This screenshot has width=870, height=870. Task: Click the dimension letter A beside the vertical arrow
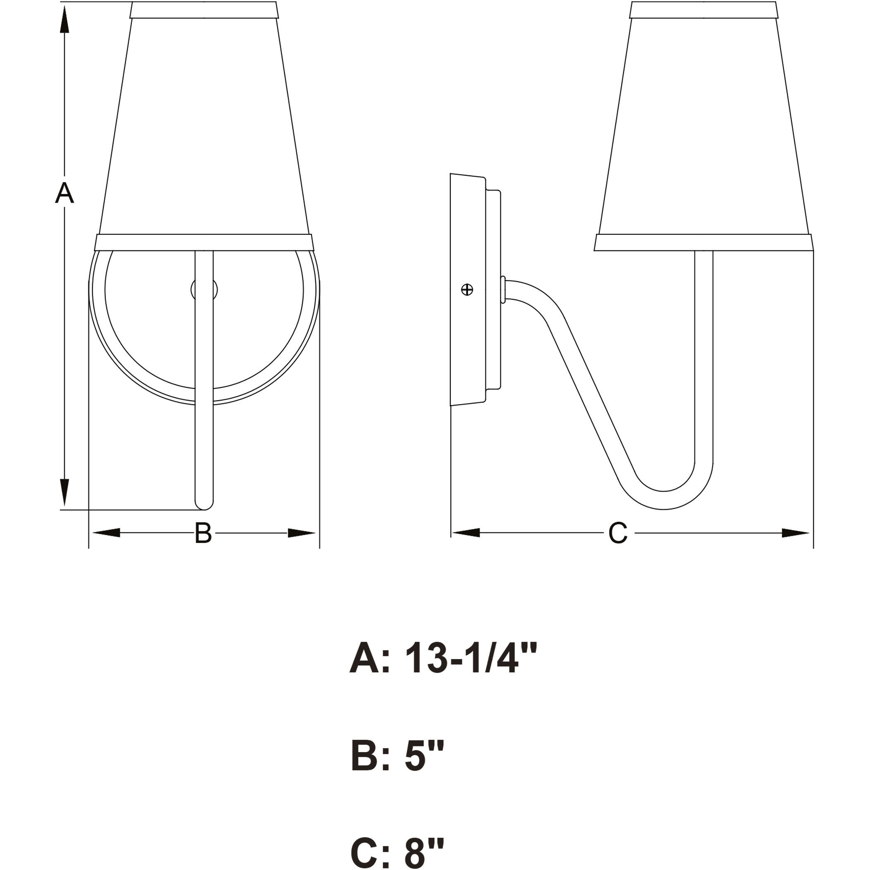click(x=65, y=194)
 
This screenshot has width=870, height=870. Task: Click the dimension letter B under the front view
click(x=203, y=533)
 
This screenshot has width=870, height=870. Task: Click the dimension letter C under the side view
click(x=617, y=533)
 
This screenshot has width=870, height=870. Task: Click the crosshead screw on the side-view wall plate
click(x=467, y=289)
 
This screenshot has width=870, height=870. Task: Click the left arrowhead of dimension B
click(x=106, y=533)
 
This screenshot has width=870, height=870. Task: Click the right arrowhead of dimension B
click(x=302, y=533)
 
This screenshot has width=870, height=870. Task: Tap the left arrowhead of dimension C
click(x=466, y=533)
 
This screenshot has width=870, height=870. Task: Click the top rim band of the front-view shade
click(x=203, y=10)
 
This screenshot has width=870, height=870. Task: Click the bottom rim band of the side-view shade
click(x=703, y=242)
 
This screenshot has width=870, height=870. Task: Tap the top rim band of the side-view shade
click(x=703, y=10)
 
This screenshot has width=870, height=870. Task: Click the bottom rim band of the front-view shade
click(x=203, y=242)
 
